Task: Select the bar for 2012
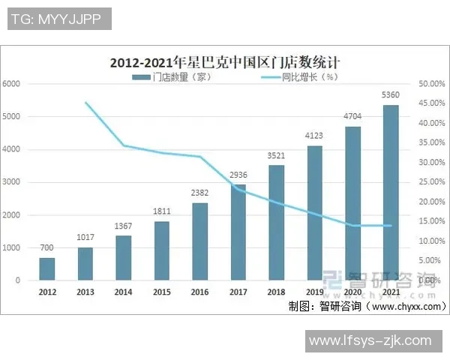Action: click(46, 269)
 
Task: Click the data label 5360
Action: click(391, 95)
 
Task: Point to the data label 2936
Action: click(238, 175)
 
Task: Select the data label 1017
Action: click(85, 238)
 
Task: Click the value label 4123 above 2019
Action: click(314, 136)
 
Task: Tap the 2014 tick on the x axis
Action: click(123, 291)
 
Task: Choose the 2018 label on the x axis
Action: click(276, 291)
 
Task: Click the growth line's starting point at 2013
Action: click(85, 102)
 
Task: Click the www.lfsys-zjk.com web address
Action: click(370, 340)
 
